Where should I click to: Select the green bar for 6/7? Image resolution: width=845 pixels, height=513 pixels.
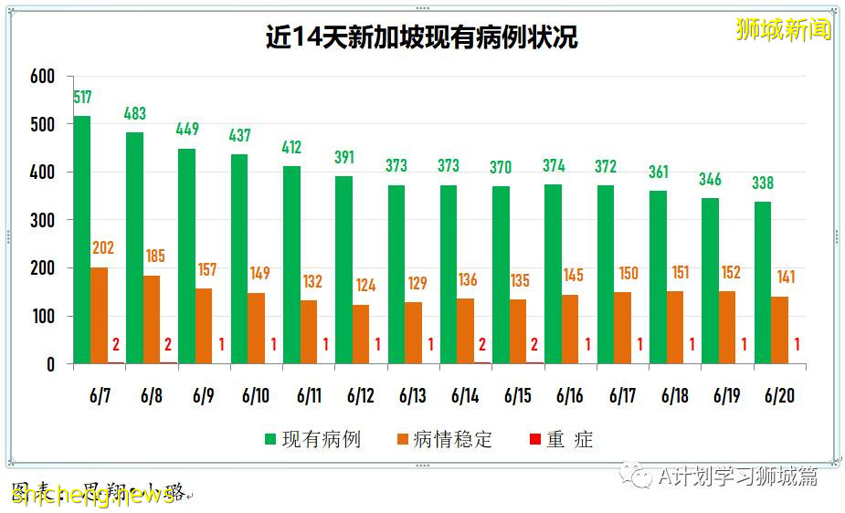pos(81,239)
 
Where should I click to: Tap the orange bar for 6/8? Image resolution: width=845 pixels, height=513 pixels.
pos(152,319)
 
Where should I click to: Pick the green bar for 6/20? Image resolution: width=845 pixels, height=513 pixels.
pos(763,283)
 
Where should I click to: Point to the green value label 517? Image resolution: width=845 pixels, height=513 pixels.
pos(82,97)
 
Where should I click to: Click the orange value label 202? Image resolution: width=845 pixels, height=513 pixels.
pos(102,248)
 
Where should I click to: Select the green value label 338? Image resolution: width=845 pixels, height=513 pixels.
pos(763,183)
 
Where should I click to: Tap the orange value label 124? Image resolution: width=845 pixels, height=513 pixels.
pos(364,286)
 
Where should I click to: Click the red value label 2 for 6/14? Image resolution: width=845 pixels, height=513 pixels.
pos(482,345)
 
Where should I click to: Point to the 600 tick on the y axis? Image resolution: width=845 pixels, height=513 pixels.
pos(42,77)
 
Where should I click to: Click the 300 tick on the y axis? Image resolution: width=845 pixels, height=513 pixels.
pos(42,220)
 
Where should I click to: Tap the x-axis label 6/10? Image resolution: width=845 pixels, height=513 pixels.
pos(257,396)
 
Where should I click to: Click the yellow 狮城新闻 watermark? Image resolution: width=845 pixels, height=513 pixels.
pos(784,29)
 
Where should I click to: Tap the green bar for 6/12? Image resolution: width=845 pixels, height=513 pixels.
pos(343,270)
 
